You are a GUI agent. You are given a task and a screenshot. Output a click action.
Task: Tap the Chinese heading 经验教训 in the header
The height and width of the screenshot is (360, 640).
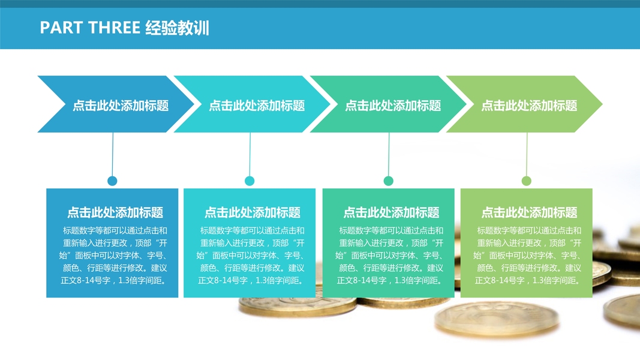177,28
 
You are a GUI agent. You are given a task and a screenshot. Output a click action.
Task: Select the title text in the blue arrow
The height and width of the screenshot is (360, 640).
121,106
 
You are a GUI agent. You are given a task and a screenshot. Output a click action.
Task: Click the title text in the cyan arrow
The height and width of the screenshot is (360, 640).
257,106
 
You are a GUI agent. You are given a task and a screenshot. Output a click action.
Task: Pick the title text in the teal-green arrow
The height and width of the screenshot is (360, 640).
393,106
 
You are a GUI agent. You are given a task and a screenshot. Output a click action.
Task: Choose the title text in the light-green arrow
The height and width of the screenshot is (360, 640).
529,106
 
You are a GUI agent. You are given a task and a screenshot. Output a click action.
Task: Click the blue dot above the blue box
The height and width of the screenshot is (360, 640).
112,181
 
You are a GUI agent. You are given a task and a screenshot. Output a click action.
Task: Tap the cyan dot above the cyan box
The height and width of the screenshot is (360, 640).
250,181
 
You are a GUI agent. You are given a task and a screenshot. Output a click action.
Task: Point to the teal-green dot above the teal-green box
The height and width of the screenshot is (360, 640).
388,181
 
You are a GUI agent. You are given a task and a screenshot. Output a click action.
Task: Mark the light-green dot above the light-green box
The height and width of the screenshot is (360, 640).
527,181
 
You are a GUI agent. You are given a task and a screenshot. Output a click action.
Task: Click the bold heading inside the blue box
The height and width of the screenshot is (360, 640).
115,212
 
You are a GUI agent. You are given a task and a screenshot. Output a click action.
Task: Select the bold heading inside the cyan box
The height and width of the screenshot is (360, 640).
253,212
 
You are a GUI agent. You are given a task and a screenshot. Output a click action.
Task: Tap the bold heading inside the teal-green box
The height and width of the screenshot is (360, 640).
391,212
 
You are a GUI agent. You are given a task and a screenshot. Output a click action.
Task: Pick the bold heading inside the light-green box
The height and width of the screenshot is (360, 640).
529,212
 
